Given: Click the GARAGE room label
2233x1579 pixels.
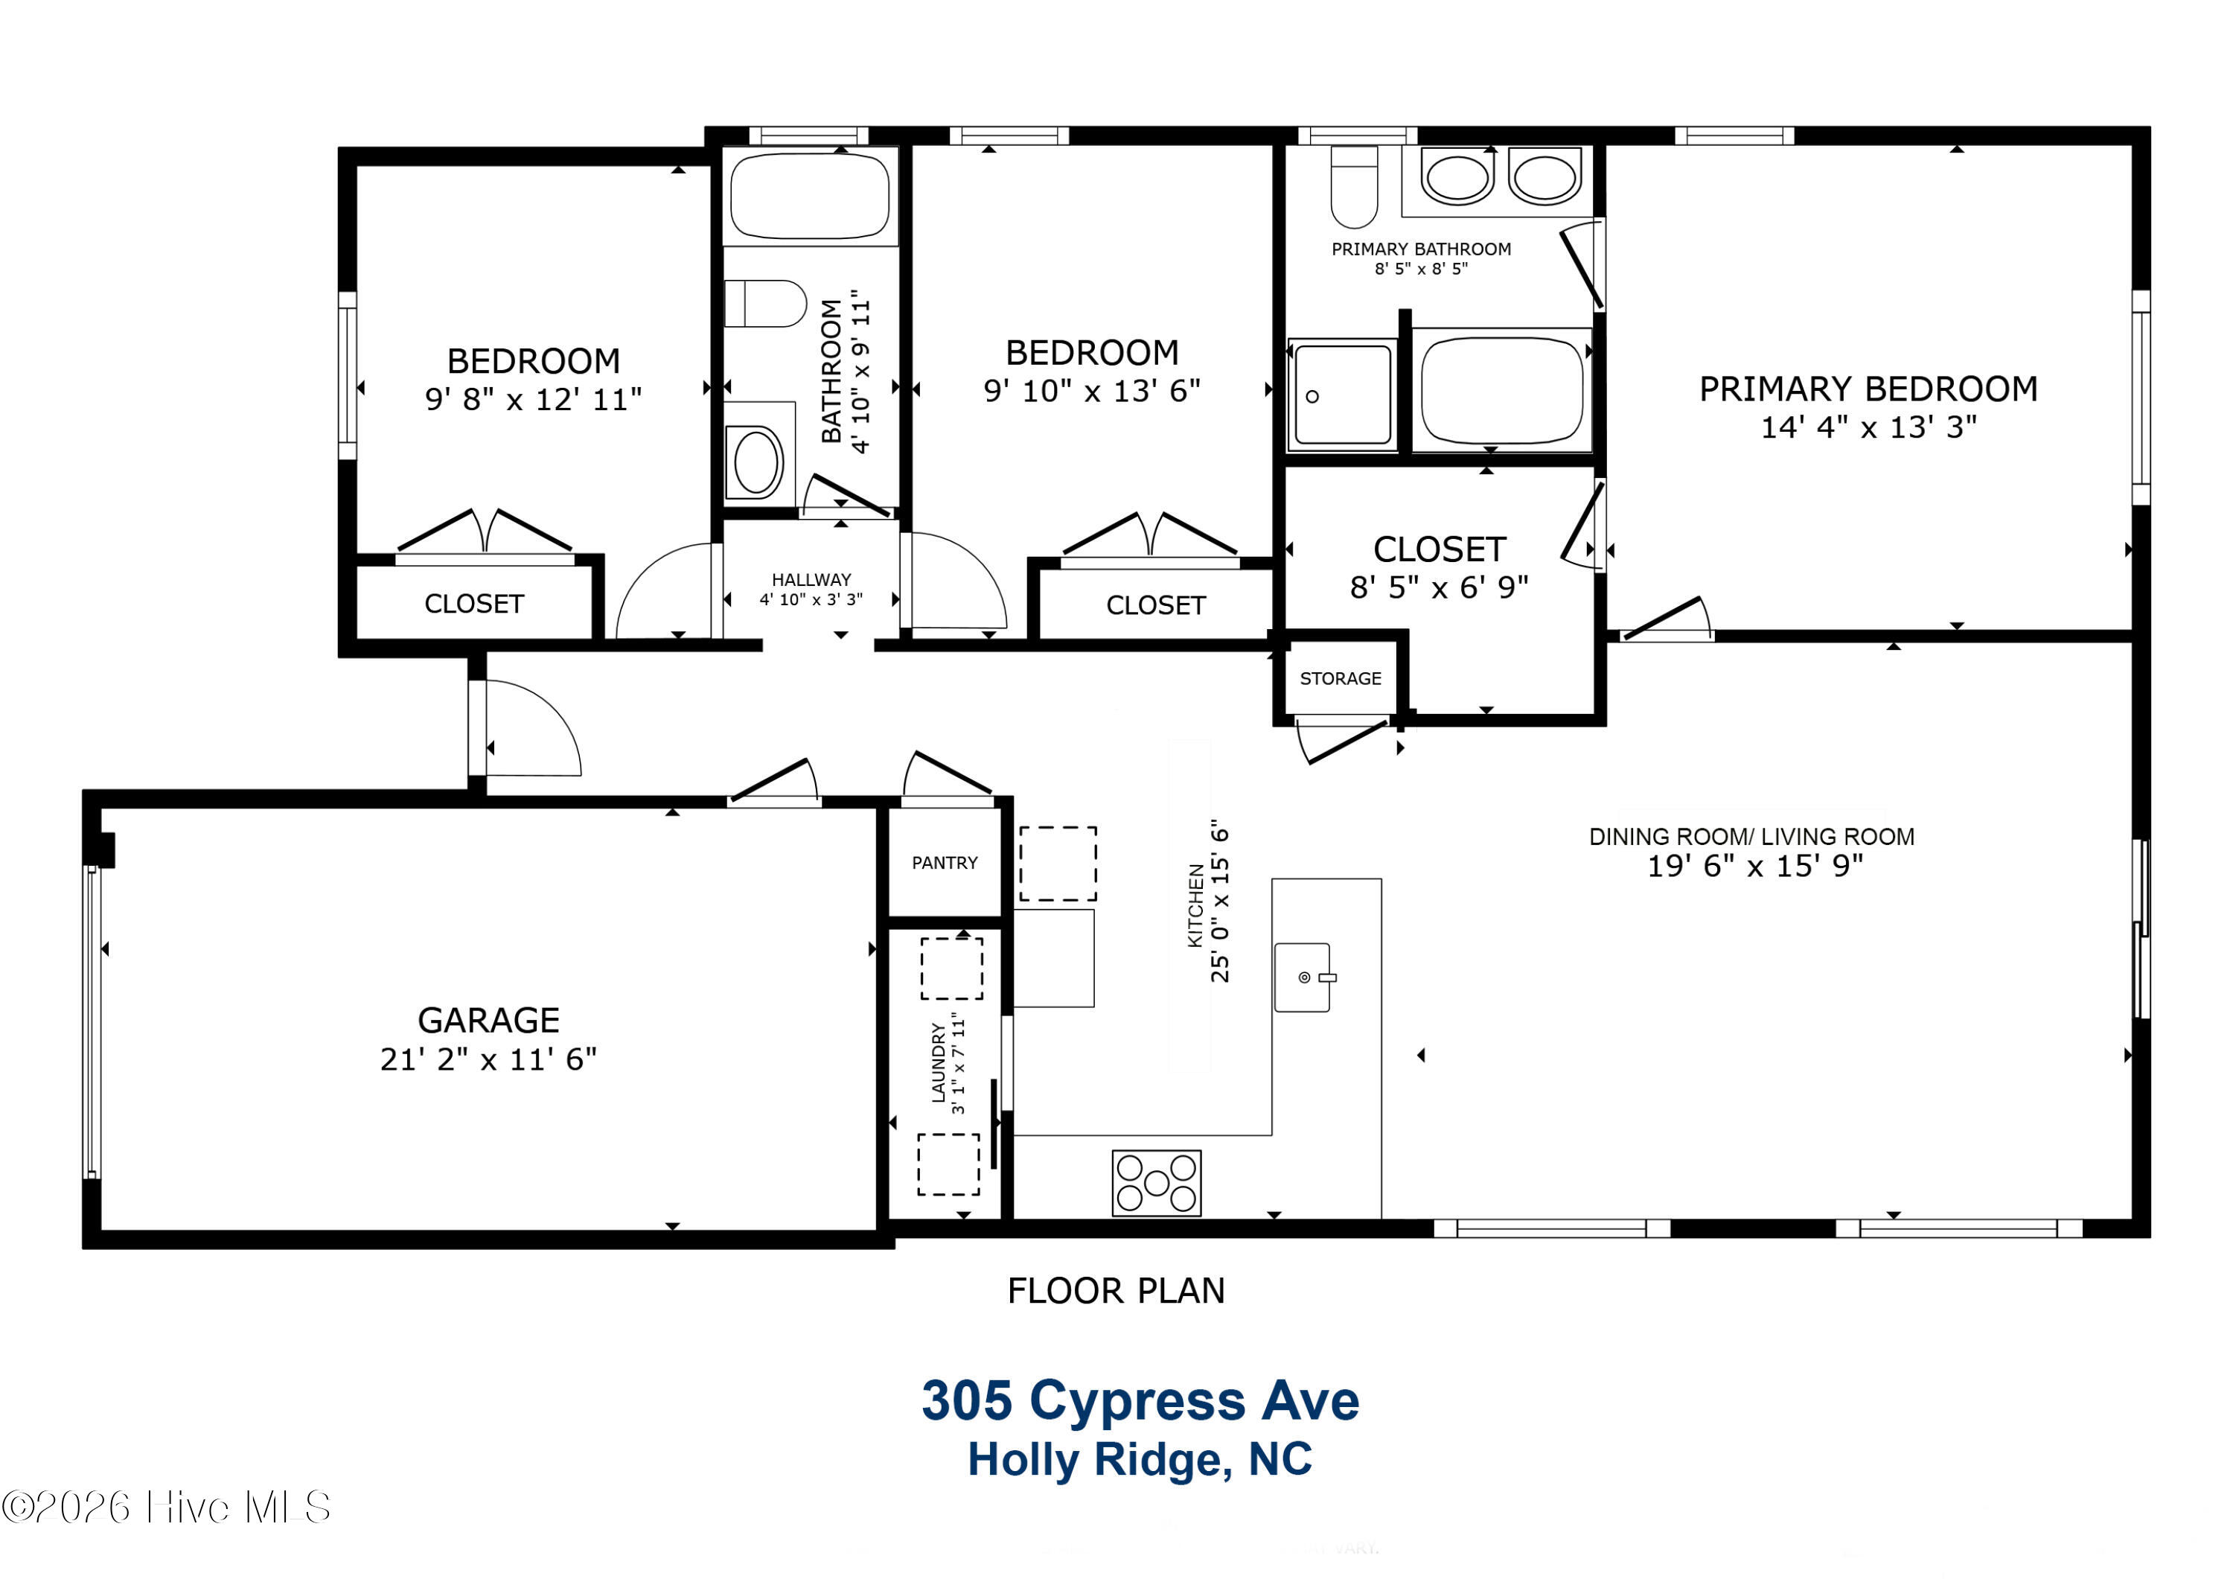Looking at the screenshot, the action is point(488,1020).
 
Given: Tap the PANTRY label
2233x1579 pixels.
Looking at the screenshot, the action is point(945,863).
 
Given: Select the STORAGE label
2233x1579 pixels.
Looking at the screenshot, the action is point(1341,678).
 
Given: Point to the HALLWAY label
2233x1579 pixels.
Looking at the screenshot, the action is point(811,580).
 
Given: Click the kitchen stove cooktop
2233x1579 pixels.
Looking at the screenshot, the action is point(1157,1183).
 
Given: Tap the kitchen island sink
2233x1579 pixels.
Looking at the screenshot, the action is point(1303,977).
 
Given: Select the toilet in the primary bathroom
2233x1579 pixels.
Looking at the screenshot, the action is point(1354,187).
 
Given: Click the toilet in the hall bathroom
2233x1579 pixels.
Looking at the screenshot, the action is point(765,304).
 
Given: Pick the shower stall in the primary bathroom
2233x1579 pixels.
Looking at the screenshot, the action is point(1343,395).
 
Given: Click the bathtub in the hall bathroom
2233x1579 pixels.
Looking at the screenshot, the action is point(810,196).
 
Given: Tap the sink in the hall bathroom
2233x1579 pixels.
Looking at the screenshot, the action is point(758,462).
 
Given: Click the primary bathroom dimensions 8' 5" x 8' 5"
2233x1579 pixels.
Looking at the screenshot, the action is point(1421,269).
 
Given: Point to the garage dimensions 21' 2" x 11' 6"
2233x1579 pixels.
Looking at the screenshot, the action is point(488,1059).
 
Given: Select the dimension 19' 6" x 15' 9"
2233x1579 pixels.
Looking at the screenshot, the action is point(1754,865).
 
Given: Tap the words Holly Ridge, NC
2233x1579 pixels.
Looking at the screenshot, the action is point(1140,1459).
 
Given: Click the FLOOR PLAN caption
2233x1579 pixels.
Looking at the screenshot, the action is point(1116,1291).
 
